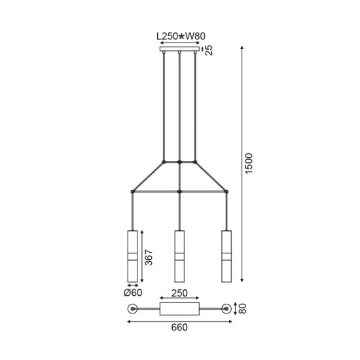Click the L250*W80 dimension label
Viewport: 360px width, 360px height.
pyautogui.click(x=179, y=37)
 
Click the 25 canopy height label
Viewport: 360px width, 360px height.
pyautogui.click(x=209, y=50)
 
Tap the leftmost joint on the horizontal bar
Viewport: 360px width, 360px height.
pyautogui.click(x=133, y=192)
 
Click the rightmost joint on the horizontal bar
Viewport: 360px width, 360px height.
pyautogui.click(x=226, y=192)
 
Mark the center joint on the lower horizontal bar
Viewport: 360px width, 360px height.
pyautogui.click(x=179, y=192)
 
